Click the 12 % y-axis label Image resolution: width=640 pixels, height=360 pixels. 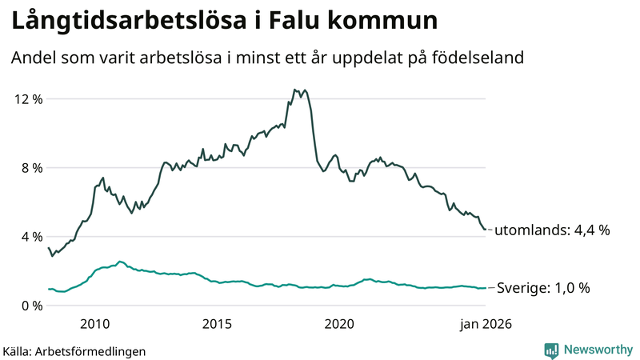pyautogui.click(x=28, y=99)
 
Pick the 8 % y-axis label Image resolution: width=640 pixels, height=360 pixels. pyautogui.click(x=31, y=168)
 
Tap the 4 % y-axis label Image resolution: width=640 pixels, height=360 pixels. pyautogui.click(x=31, y=237)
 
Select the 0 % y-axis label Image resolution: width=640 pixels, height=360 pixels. pyautogui.click(x=31, y=306)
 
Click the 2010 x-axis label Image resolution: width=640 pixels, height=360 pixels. pyautogui.click(x=94, y=324)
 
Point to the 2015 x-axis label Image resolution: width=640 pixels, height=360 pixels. pyautogui.click(x=217, y=324)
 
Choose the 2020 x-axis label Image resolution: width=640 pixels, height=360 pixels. pyautogui.click(x=339, y=324)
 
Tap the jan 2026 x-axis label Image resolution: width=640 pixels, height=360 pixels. pyautogui.click(x=485, y=324)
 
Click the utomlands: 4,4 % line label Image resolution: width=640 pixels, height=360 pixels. pyautogui.click(x=552, y=230)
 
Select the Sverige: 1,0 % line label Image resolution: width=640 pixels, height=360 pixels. pyautogui.click(x=543, y=288)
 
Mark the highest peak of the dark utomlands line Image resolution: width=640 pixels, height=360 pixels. pyautogui.click(x=295, y=90)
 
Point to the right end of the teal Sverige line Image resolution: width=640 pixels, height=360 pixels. pyautogui.click(x=485, y=288)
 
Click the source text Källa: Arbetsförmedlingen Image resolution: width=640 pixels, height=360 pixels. pyautogui.click(x=74, y=350)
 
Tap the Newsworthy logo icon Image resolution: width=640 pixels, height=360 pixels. pyautogui.click(x=551, y=350)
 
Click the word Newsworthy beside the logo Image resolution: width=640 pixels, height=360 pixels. pyautogui.click(x=597, y=350)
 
